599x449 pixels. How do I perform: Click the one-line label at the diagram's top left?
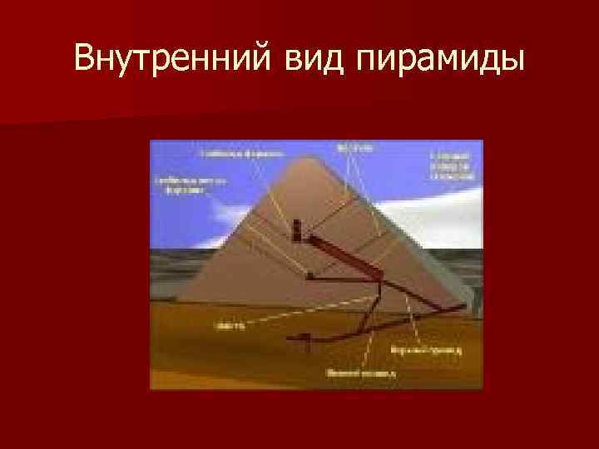242,154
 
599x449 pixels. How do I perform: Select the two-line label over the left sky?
181,185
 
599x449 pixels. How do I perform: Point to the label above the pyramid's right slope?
354,149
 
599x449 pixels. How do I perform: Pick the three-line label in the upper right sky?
451,167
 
